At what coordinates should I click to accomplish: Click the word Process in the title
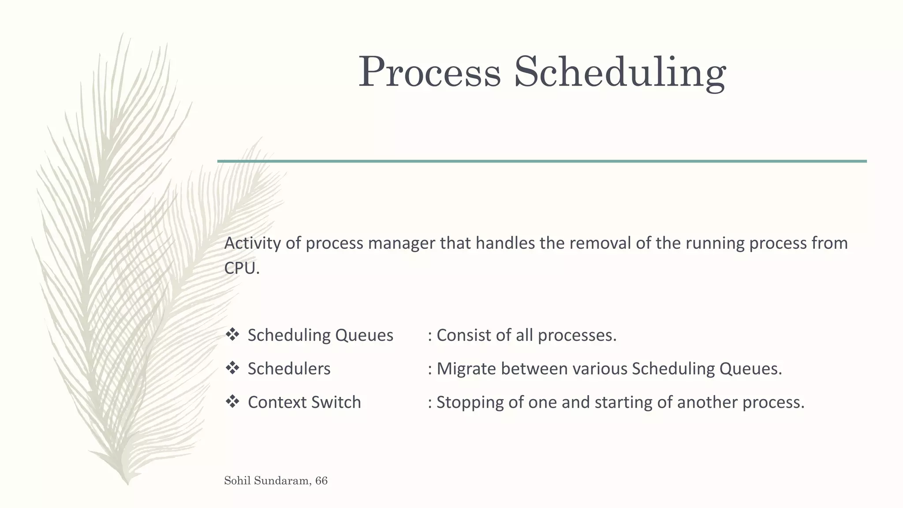click(x=429, y=72)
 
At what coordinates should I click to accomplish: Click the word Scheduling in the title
click(x=620, y=72)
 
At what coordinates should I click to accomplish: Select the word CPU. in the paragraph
click(x=242, y=268)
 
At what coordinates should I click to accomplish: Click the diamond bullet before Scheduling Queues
click(x=232, y=335)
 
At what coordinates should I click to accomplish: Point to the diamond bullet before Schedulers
click(x=232, y=368)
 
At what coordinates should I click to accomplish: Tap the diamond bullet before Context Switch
click(x=232, y=402)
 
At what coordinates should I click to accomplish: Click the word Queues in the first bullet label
click(x=364, y=336)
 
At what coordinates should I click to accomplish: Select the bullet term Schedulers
click(x=289, y=369)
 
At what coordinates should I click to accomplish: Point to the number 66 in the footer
click(x=321, y=481)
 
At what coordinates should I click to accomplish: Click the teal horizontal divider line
click(x=542, y=161)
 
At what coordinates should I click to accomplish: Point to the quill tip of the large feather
click(x=127, y=482)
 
